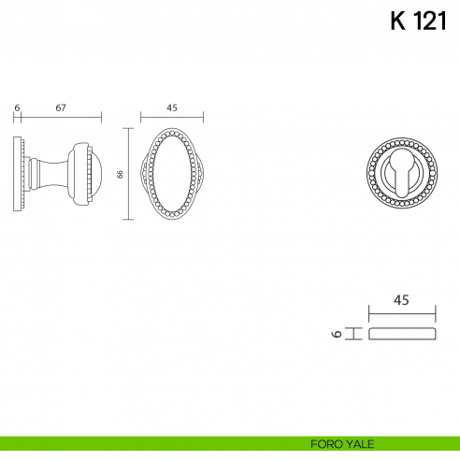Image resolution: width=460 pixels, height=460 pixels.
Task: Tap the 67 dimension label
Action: [x=61, y=108]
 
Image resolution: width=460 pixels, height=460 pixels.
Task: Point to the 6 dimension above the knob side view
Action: [x=17, y=108]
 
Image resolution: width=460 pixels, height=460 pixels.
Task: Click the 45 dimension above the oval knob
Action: [x=172, y=108]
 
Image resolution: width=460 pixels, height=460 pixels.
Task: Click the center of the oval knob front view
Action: [x=172, y=174]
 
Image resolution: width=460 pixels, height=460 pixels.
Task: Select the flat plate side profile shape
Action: [x=402, y=334]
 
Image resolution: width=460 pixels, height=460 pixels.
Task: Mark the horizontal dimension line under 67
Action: [x=61, y=118]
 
